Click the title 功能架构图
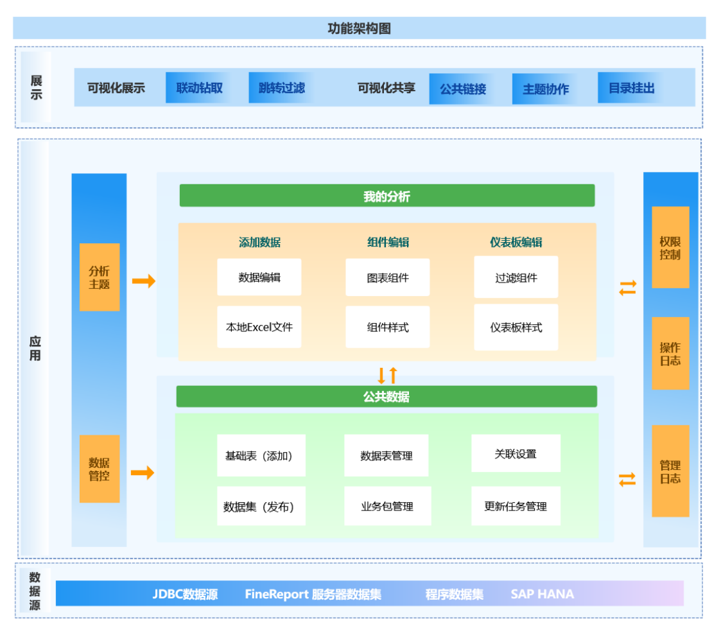pyautogui.click(x=359, y=28)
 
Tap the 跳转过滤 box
pyautogui.click(x=281, y=88)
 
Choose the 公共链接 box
pyautogui.click(x=463, y=89)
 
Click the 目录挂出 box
pyautogui.click(x=632, y=89)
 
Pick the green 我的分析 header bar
pyautogui.click(x=387, y=196)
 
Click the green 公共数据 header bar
pyautogui.click(x=387, y=397)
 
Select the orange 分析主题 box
pyautogui.click(x=100, y=277)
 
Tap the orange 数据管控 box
pyautogui.click(x=100, y=469)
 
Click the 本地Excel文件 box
pyautogui.click(x=259, y=327)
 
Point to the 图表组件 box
pyautogui.click(x=388, y=277)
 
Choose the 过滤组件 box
pyautogui.click(x=516, y=277)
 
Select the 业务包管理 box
pyautogui.click(x=387, y=506)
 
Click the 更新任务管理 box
pyautogui.click(x=516, y=506)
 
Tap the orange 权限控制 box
pyautogui.click(x=670, y=248)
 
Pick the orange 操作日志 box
pyautogui.click(x=670, y=354)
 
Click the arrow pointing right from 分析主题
pyautogui.click(x=144, y=281)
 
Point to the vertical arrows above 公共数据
pyautogui.click(x=387, y=374)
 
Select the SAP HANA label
pyautogui.click(x=543, y=594)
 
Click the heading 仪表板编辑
pyautogui.click(x=516, y=242)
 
